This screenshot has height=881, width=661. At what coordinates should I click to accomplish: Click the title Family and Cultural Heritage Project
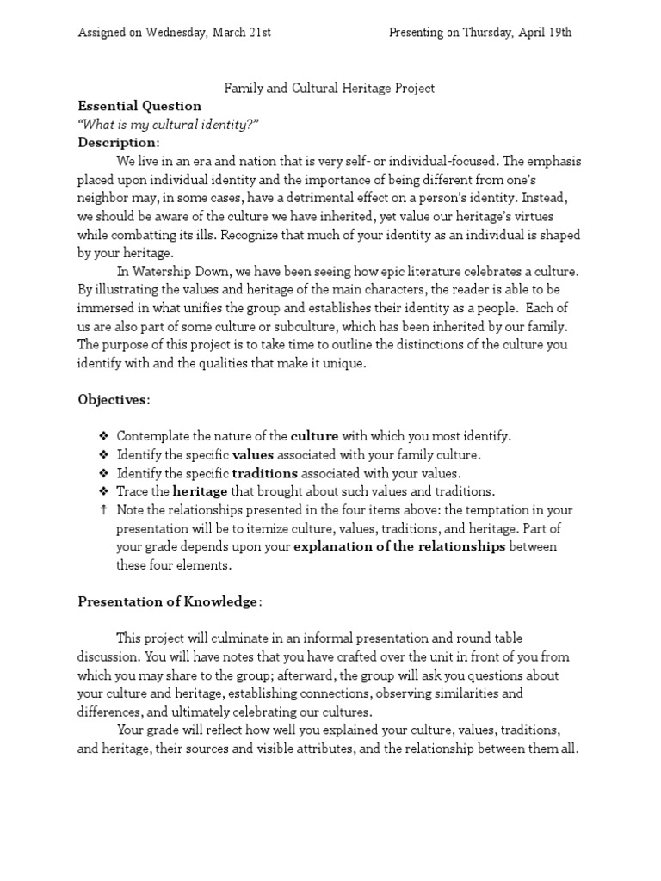[330, 88]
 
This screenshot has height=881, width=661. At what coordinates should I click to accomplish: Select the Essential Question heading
[139, 106]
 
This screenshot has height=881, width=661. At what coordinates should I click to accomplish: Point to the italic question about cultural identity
[168, 124]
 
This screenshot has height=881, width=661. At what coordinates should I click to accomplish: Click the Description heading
[118, 142]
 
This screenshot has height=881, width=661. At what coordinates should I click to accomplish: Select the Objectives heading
[114, 400]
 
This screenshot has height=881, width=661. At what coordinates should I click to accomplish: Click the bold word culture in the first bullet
[314, 436]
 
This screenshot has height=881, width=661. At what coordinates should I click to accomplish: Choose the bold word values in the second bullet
[253, 454]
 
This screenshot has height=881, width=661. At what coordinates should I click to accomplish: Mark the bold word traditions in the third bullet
[265, 472]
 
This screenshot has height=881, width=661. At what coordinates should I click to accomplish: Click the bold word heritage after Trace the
[201, 491]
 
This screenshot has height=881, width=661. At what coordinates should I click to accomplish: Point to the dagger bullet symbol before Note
[103, 509]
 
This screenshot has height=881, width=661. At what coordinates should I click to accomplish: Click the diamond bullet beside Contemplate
[103, 436]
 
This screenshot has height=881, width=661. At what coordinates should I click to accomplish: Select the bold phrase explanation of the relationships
[399, 546]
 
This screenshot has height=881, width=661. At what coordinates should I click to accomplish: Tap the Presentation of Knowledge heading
[168, 601]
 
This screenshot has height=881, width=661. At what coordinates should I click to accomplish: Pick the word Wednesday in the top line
[171, 33]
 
